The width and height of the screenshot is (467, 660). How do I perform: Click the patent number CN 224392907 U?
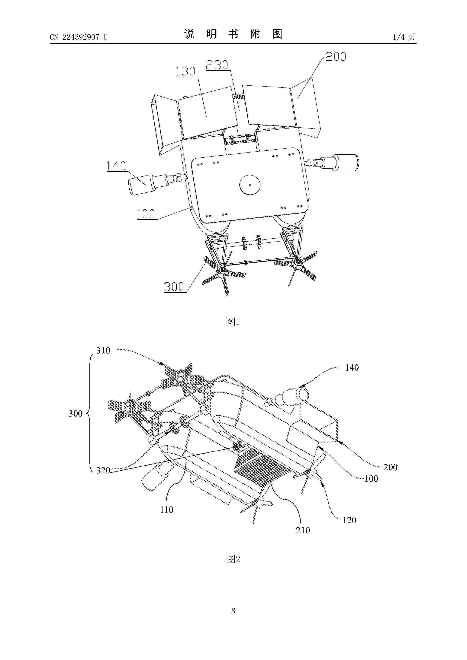point(78,37)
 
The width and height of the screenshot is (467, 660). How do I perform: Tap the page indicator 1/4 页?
point(404,37)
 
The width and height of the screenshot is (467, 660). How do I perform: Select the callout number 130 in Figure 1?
point(186,71)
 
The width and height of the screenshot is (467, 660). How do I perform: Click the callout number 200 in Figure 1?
point(336,57)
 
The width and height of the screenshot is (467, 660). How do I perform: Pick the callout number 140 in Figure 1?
point(116,166)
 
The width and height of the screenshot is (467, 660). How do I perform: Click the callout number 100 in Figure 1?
point(146,214)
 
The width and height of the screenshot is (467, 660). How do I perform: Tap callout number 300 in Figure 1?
point(174,287)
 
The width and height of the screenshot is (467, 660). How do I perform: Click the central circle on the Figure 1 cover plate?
point(250,185)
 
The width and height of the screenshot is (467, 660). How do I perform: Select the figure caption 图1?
point(233,322)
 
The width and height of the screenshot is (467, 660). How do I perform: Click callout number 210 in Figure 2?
point(303,530)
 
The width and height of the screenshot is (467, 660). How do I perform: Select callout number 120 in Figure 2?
point(349,520)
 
